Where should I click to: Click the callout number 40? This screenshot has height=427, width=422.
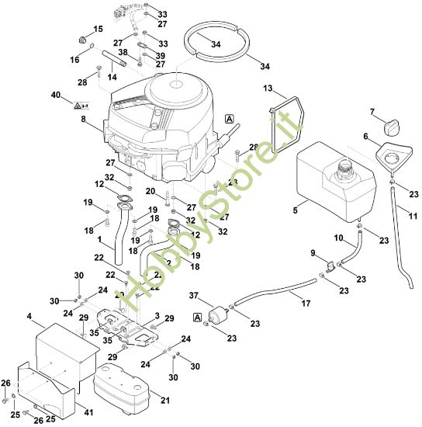click(x=55, y=95)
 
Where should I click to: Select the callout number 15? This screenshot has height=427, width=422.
click(x=98, y=29)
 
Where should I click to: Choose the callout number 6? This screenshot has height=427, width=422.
click(x=365, y=136)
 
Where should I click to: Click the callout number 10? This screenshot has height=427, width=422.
click(x=338, y=237)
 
